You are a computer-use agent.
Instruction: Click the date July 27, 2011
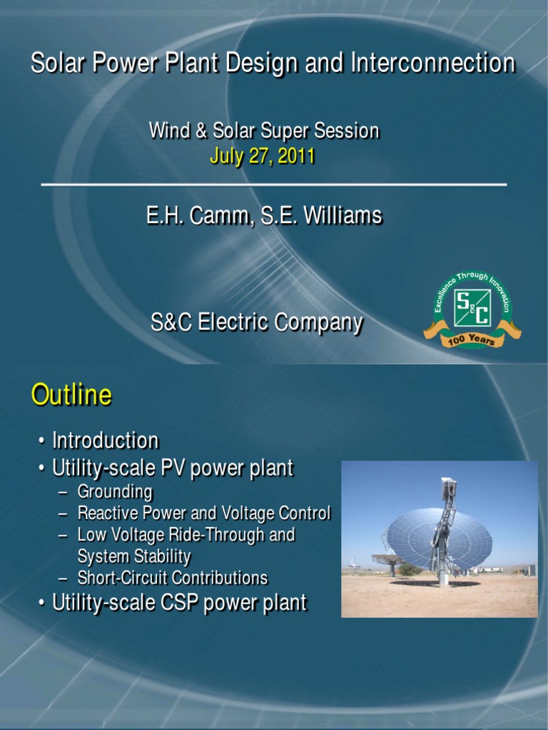coord(262,155)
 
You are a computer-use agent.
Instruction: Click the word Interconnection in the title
coord(432,63)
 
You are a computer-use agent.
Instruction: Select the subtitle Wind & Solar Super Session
coord(263,130)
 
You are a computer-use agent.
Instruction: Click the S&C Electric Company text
coord(256,322)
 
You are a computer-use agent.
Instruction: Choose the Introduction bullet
coord(105,440)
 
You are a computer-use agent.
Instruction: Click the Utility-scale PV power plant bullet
coord(172,468)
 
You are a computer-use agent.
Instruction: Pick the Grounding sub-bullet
coord(115,491)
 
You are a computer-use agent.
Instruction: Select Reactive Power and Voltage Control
coord(203,513)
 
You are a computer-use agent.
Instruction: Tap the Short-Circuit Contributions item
coord(172,577)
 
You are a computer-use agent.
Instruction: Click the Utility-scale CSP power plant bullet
coord(179,603)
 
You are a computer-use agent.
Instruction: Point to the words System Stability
coord(133,556)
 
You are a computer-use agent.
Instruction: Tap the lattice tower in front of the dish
coord(445,528)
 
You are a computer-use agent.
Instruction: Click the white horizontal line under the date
coord(274,185)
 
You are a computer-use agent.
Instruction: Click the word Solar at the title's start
coord(54,63)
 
